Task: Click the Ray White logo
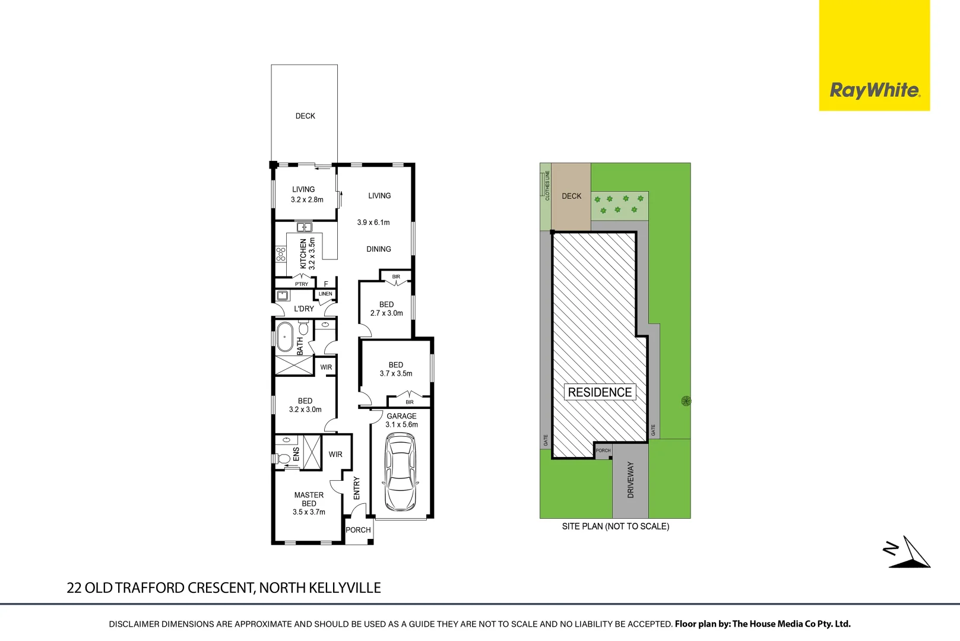point(875,90)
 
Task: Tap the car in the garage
point(400,472)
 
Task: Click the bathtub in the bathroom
point(285,337)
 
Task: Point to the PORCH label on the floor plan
point(358,530)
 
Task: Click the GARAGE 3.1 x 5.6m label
point(402,420)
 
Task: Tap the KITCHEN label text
point(303,253)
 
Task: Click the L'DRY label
point(304,309)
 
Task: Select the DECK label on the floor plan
point(305,116)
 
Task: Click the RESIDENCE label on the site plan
point(600,392)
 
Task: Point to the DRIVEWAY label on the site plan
point(631,480)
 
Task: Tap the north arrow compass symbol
point(908,552)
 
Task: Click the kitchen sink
point(305,227)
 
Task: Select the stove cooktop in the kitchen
point(281,254)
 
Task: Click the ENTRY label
point(357,488)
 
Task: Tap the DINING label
point(379,249)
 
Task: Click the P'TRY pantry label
point(302,284)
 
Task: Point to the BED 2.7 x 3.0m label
point(386,309)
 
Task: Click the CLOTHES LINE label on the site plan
point(547,185)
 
